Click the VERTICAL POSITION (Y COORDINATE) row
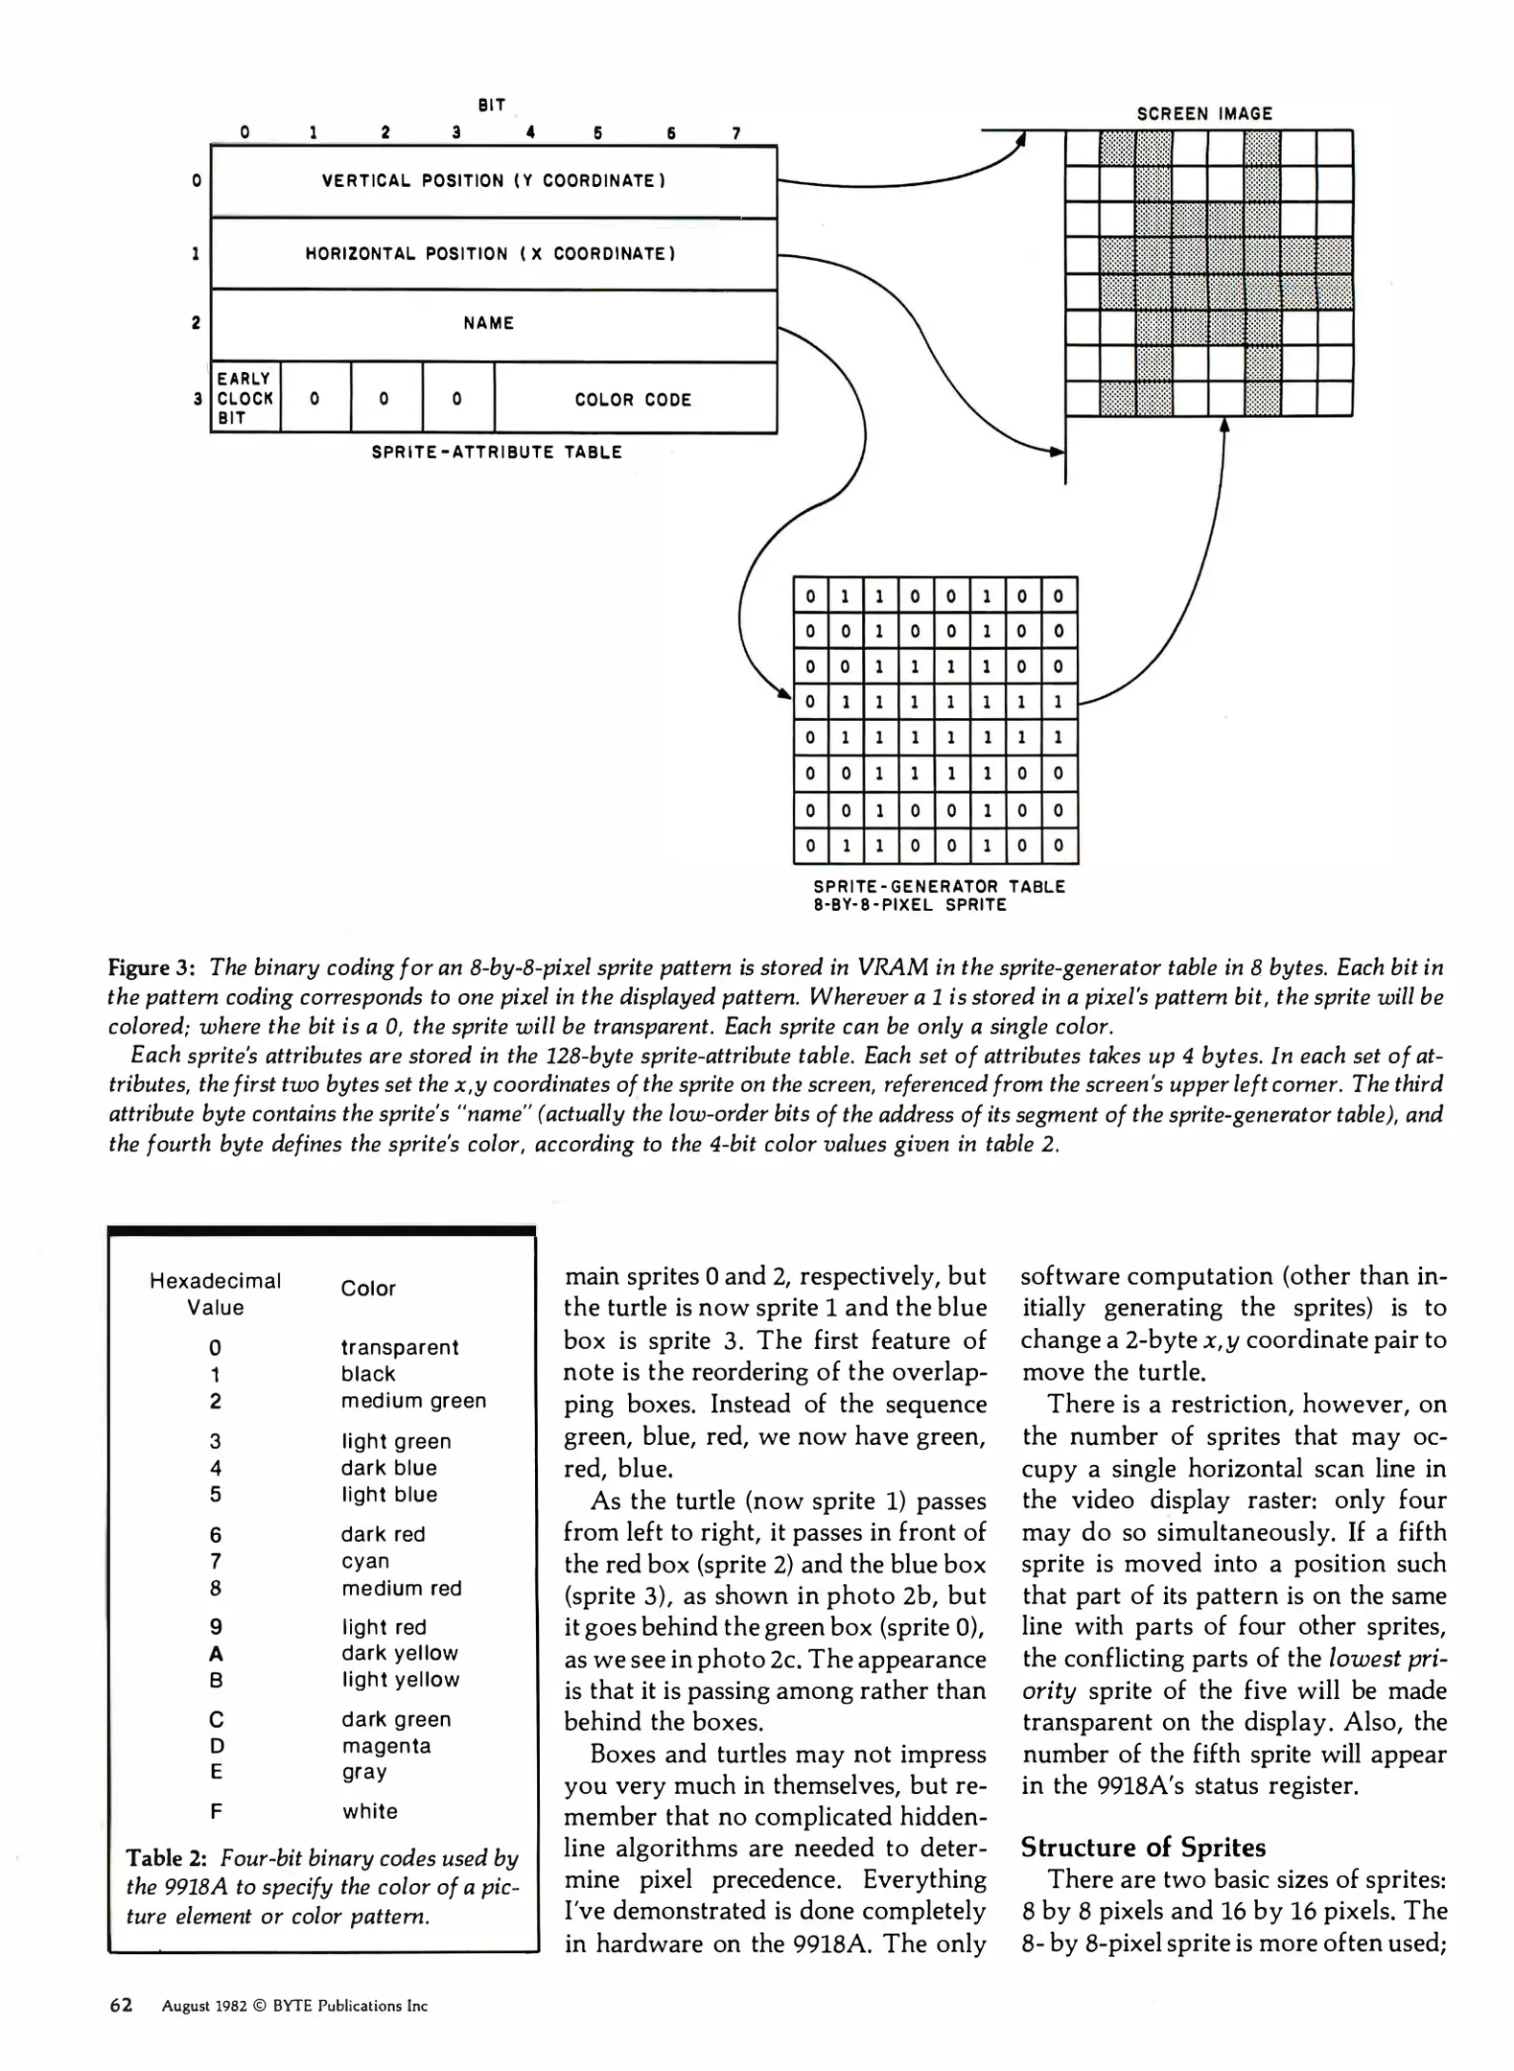[x=493, y=180]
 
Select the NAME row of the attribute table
[x=488, y=324]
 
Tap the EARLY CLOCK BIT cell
[x=245, y=398]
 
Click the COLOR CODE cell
[x=633, y=400]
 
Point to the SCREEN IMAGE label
[x=1204, y=113]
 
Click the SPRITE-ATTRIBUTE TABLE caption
[x=497, y=453]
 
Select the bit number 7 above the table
[x=736, y=133]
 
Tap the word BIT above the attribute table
[x=491, y=105]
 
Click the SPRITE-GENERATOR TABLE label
[x=939, y=887]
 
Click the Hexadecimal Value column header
[x=215, y=1293]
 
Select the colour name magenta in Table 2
[x=385, y=1746]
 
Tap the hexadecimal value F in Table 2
[x=216, y=1811]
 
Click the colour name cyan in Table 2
[x=364, y=1561]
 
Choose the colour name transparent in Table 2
[x=399, y=1347]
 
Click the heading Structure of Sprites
[x=1143, y=1848]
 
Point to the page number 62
[x=121, y=2005]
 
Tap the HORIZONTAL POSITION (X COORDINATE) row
[x=490, y=254]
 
